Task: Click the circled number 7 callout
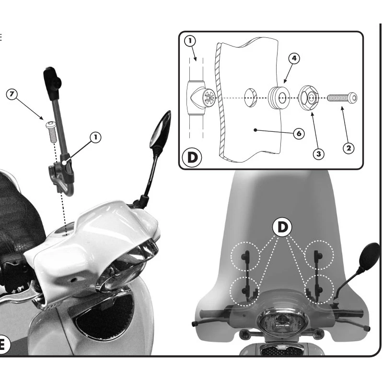12,94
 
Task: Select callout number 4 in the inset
294,58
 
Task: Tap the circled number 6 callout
299,134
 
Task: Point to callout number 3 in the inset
319,154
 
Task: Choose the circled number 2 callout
349,148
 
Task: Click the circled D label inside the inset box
192,158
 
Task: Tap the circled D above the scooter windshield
282,227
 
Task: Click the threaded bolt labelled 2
342,98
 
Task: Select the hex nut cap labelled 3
309,98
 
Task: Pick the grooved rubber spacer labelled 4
279,98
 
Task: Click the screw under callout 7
52,132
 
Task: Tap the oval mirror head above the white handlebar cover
160,129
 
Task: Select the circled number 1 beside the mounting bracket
96,138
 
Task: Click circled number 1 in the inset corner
190,41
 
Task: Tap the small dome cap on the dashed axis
251,98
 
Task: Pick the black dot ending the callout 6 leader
255,130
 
